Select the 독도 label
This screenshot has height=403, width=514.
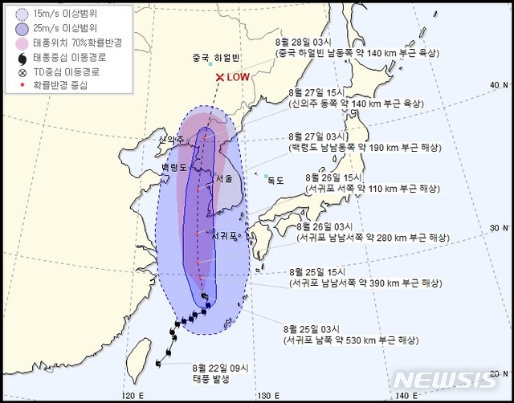click(x=275, y=181)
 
